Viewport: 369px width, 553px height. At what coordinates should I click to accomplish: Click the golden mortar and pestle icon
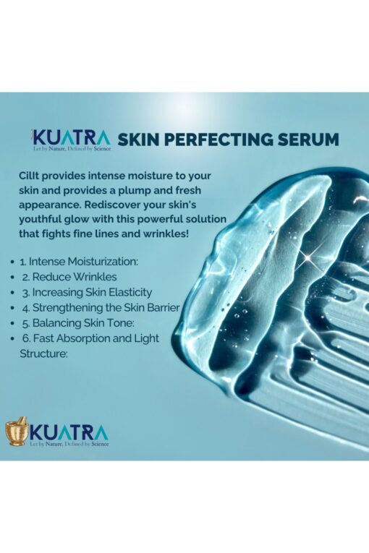tap(17, 432)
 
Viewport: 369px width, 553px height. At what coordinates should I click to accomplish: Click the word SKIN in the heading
tap(138, 140)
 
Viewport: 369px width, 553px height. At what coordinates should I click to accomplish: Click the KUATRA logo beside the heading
tap(71, 140)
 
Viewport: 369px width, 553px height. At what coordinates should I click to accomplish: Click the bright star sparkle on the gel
tap(309, 259)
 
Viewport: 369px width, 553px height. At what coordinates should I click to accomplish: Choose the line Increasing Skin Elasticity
tap(87, 292)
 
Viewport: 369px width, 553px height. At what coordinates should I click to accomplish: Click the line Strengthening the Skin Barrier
tap(101, 307)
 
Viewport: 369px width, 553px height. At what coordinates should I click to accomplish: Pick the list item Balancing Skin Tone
tap(78, 323)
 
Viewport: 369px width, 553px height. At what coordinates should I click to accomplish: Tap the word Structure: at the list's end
tap(43, 353)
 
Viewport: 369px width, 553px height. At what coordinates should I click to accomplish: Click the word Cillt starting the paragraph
tap(30, 176)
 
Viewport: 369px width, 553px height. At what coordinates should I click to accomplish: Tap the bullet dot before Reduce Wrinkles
tap(13, 278)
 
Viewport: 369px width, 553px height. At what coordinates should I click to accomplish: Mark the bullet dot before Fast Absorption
tap(13, 339)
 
